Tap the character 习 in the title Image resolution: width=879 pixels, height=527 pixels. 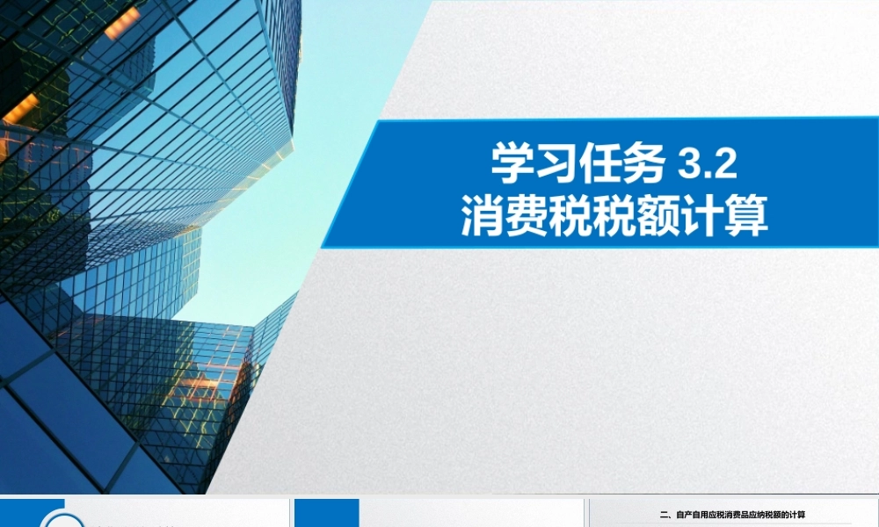click(x=557, y=164)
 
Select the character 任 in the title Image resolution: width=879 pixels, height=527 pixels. click(x=601, y=164)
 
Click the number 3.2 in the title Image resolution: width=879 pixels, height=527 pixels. click(x=708, y=164)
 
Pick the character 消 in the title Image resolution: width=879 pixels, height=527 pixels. click(x=483, y=216)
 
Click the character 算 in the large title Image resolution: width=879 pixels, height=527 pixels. click(x=747, y=216)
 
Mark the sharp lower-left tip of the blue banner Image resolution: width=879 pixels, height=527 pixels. click(x=323, y=247)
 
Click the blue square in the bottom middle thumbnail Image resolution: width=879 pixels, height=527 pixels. click(x=326, y=514)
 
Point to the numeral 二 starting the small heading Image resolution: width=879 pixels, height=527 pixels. click(x=664, y=515)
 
